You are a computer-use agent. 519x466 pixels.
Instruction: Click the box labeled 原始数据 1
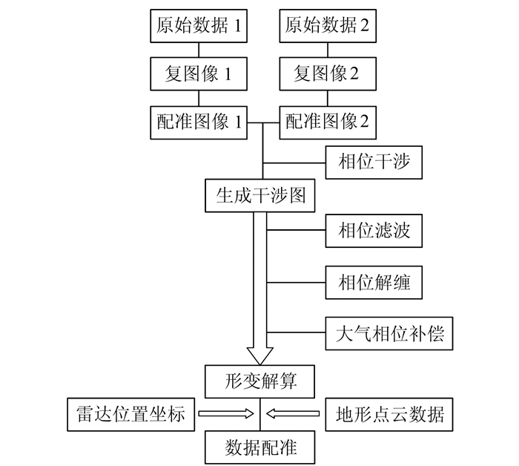click(x=199, y=27)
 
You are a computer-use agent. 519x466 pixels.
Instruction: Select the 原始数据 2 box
click(x=326, y=27)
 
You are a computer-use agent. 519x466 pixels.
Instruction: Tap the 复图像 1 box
click(x=199, y=73)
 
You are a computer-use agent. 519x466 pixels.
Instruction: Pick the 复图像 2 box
click(x=326, y=73)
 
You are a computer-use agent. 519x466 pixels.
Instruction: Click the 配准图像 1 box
click(x=199, y=121)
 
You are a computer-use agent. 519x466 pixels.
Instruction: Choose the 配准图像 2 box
click(x=326, y=121)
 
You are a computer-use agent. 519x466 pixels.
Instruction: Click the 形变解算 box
click(x=260, y=381)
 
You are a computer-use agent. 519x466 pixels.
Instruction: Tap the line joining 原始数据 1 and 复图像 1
click(x=199, y=50)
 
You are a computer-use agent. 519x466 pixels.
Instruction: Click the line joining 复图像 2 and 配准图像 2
click(x=326, y=97)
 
